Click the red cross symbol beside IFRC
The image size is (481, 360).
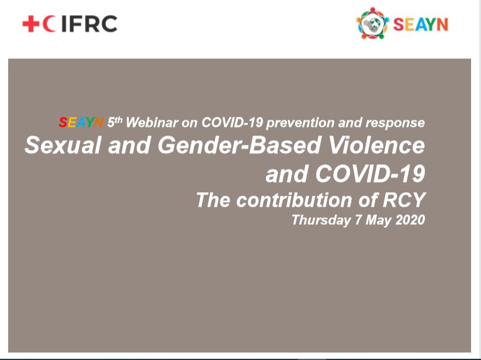[x=30, y=23]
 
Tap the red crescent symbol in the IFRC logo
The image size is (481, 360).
[x=48, y=23]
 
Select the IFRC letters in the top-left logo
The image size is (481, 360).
[x=89, y=23]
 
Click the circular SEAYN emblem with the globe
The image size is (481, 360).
[x=372, y=23]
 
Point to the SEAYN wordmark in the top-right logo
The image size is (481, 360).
[x=421, y=25]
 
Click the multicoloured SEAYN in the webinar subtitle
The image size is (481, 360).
[x=81, y=123]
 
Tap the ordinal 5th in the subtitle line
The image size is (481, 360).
[x=115, y=122]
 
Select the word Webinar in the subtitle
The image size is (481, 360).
[x=152, y=123]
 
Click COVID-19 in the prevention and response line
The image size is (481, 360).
[x=232, y=123]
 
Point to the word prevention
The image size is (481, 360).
[x=300, y=123]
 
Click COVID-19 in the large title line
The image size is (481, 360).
[x=371, y=174]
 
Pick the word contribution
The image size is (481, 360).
[x=295, y=200]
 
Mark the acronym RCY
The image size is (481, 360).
[x=404, y=200]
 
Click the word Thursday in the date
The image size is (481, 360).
[x=321, y=220]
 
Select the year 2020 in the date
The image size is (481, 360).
[x=410, y=220]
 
